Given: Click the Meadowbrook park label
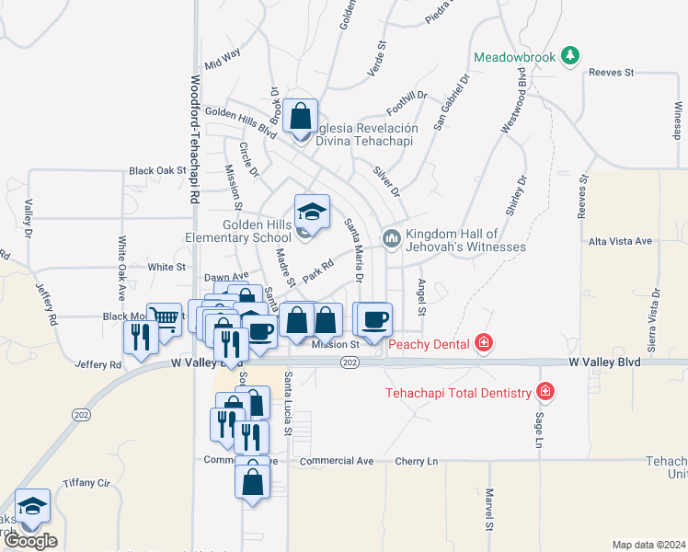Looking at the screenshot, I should pyautogui.click(x=515, y=57).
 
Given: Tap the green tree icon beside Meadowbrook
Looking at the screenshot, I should pyautogui.click(x=571, y=56).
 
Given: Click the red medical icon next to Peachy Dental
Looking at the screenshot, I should pyautogui.click(x=483, y=344).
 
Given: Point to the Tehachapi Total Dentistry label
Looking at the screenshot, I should pyautogui.click(x=458, y=393).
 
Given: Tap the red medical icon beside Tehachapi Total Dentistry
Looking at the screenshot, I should pyautogui.click(x=545, y=392).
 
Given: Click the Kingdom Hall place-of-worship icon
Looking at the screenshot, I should pyautogui.click(x=392, y=238).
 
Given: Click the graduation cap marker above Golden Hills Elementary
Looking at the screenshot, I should pyautogui.click(x=312, y=211).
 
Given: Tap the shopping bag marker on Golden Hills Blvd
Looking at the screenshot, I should pyautogui.click(x=300, y=116).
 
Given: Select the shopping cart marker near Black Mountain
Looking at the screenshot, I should pyautogui.click(x=164, y=320).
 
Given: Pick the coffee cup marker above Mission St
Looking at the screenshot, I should pyautogui.click(x=374, y=319).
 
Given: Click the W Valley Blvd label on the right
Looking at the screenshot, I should pyautogui.click(x=603, y=362).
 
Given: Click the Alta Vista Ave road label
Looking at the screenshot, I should pyautogui.click(x=620, y=241).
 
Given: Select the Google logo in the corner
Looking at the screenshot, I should pyautogui.click(x=30, y=541).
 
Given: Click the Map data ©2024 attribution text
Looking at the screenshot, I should pyautogui.click(x=648, y=545).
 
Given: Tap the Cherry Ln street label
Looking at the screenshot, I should pyautogui.click(x=417, y=461).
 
